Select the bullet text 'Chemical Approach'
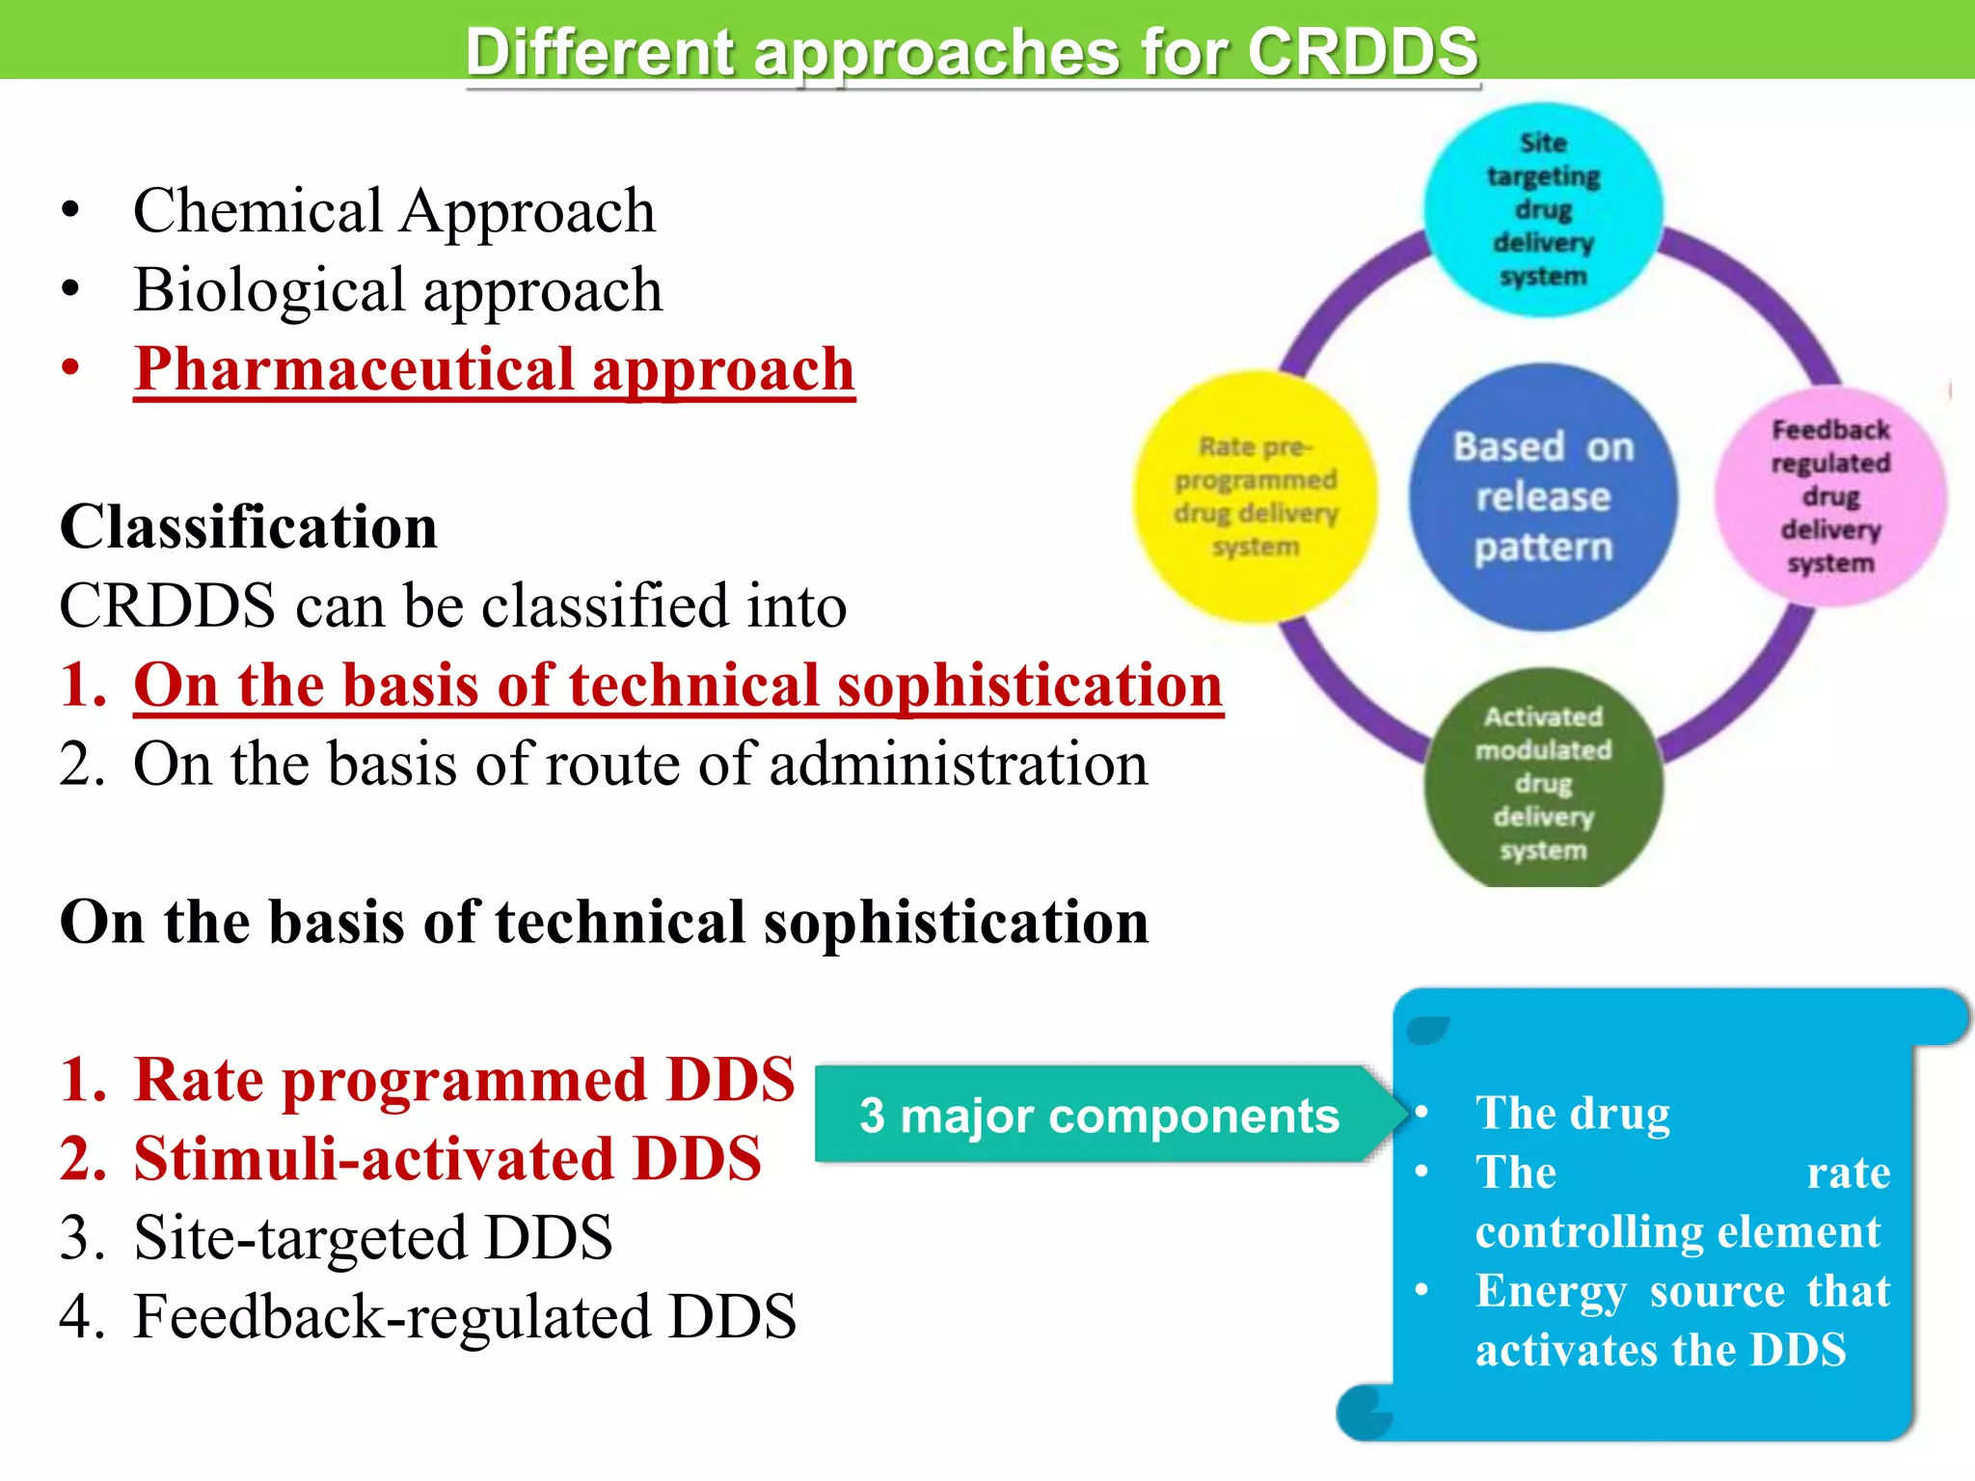393,211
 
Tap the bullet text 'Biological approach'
397,290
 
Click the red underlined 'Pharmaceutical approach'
494,369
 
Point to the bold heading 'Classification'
249,527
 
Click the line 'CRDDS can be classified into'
453,606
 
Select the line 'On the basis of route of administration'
640,765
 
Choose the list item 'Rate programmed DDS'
464,1079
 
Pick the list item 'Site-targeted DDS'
372,1237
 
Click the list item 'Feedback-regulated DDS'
464,1316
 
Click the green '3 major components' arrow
1099,1116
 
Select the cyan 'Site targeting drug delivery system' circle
1543,209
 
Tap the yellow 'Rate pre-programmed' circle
1255,497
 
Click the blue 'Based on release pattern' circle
1543,497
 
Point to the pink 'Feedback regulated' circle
1830,497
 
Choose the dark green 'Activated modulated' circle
1543,782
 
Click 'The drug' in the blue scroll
1573,1114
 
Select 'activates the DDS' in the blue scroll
1661,1350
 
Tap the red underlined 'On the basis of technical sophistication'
678,686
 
